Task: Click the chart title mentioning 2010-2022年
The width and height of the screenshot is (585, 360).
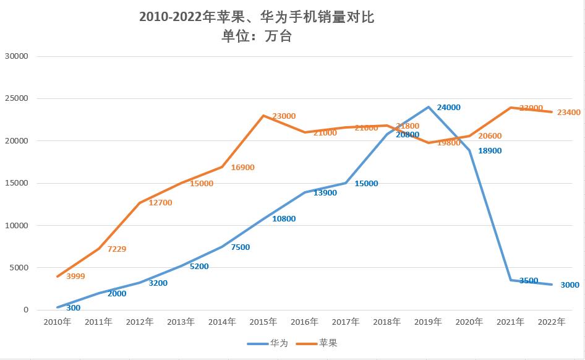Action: (257, 17)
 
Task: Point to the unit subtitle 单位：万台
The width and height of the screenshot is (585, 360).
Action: (257, 36)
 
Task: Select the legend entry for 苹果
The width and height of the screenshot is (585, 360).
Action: (319, 343)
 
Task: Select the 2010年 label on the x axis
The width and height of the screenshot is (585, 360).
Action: (57, 322)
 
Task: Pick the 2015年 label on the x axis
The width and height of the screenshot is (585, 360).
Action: (263, 322)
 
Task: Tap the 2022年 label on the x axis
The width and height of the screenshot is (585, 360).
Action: (552, 322)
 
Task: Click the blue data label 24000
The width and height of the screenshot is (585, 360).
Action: (448, 107)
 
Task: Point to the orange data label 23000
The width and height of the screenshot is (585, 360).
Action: (284, 116)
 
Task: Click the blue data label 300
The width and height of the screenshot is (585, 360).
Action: (73, 307)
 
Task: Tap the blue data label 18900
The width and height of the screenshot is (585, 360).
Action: (490, 150)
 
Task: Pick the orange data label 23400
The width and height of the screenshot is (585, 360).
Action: (568, 112)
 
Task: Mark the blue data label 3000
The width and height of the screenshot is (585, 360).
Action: (569, 285)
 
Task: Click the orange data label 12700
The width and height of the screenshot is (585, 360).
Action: (160, 202)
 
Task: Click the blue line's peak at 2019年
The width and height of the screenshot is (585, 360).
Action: (428, 107)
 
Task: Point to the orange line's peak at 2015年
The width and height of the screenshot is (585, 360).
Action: (263, 116)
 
